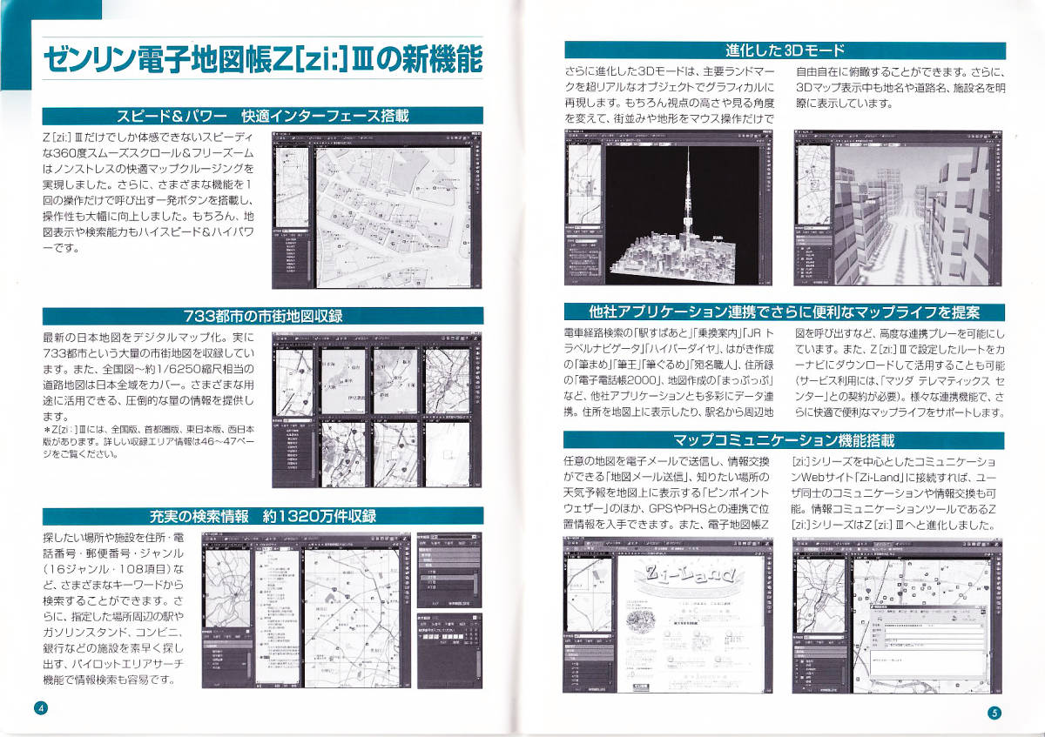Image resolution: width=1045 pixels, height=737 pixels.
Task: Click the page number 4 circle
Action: click(39, 707)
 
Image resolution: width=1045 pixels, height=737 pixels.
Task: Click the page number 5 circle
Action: click(994, 713)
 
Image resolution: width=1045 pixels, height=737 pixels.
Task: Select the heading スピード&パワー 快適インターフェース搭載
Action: click(262, 116)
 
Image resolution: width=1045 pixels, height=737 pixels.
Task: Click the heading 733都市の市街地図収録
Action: click(262, 316)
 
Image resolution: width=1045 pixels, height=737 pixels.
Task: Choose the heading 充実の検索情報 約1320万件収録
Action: click(262, 516)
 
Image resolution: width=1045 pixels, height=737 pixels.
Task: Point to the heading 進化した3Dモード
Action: click(785, 50)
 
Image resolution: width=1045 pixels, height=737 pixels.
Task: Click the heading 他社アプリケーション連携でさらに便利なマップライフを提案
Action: click(785, 312)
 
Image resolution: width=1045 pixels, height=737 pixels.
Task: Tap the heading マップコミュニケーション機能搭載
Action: click(785, 440)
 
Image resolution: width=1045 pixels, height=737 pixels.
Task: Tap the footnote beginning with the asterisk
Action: click(148, 441)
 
